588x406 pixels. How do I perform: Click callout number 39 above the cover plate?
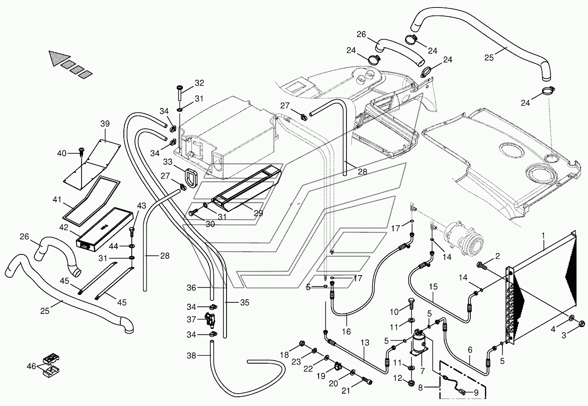[105, 123]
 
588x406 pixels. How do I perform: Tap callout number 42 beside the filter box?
[63, 227]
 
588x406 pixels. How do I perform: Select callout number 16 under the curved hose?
[346, 332]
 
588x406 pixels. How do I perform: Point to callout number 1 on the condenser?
[543, 235]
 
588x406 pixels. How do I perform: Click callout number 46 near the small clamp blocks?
[31, 366]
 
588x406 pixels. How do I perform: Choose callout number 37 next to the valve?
[191, 320]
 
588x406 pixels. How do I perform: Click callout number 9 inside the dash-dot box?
[476, 393]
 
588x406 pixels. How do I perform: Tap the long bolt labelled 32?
[180, 93]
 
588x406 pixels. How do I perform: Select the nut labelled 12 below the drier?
[412, 383]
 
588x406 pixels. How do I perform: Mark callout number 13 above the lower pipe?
[365, 343]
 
